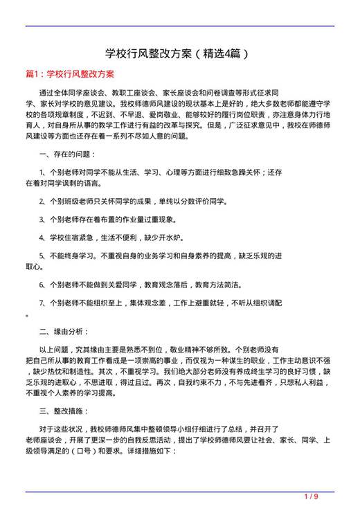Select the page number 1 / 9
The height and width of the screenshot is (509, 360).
(x=311, y=497)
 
